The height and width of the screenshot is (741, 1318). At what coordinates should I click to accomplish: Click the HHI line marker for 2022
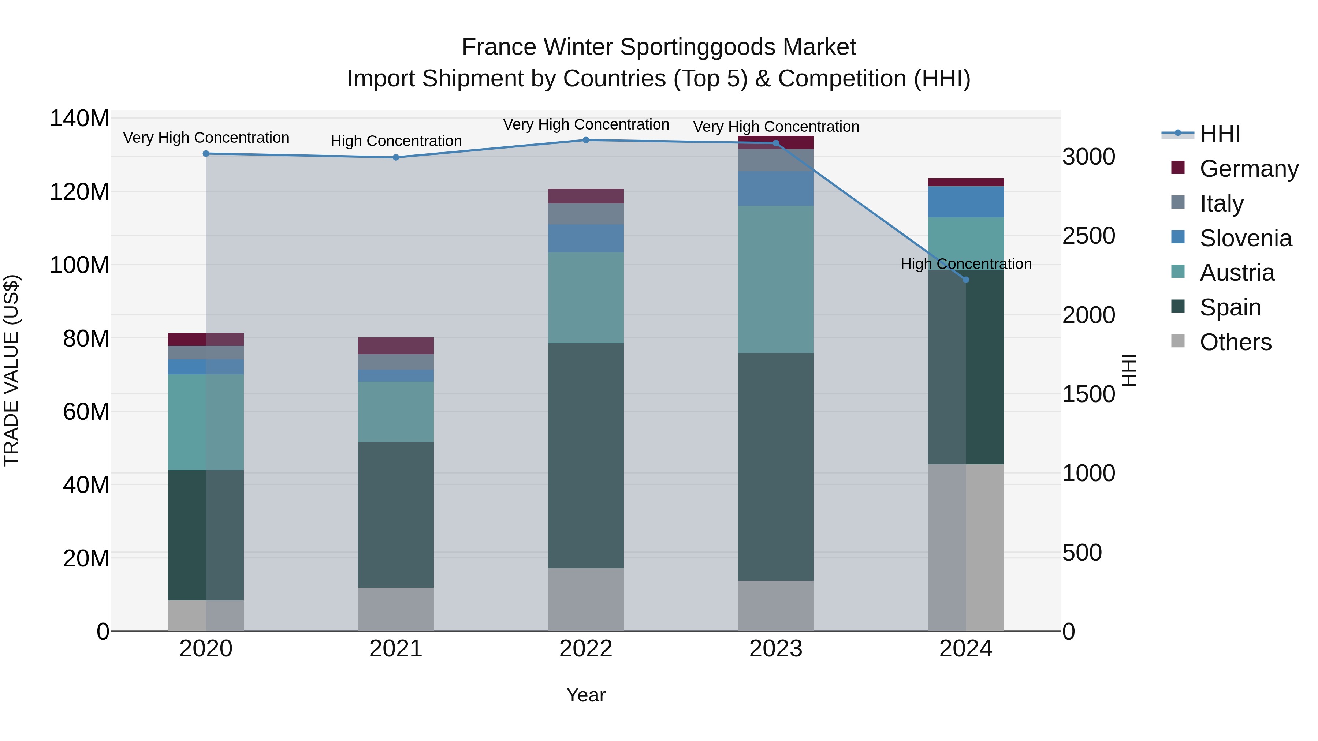[x=586, y=140]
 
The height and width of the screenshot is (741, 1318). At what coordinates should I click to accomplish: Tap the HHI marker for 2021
[x=396, y=157]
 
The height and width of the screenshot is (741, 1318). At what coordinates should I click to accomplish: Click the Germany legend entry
[x=1248, y=169]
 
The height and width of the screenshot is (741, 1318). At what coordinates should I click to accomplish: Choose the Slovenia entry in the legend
[x=1246, y=238]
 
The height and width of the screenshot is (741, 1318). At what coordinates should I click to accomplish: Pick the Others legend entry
[x=1235, y=342]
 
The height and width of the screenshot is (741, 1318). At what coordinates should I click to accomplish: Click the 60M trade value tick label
[x=85, y=412]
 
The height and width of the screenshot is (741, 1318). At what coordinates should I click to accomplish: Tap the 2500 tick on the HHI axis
[x=1088, y=236]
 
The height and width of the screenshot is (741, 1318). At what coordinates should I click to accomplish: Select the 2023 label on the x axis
[x=776, y=649]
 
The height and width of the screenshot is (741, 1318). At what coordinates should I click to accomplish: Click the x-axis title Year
[x=586, y=695]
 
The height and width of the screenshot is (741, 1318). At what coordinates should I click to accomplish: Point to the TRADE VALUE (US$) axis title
[x=11, y=370]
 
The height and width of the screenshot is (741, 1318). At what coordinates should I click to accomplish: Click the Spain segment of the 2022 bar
[x=586, y=455]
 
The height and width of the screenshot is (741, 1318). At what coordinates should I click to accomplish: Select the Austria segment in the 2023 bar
[x=776, y=279]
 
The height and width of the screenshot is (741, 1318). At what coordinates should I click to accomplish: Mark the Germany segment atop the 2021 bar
[x=396, y=346]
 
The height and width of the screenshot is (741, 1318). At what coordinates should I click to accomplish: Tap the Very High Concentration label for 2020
[x=206, y=138]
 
